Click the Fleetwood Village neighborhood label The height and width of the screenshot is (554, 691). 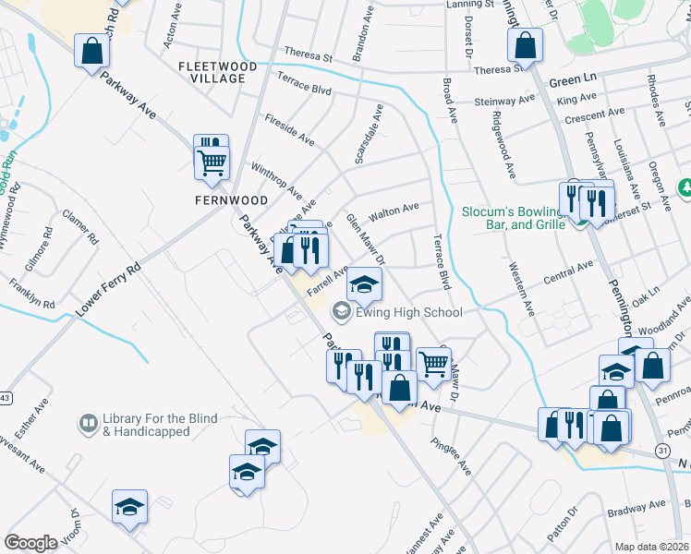[212, 72]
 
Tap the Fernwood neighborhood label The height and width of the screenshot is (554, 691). [231, 199]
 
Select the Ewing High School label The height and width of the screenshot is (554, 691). [406, 312]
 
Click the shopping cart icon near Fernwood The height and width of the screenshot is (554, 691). [212, 163]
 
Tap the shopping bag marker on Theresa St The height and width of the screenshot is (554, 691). [525, 45]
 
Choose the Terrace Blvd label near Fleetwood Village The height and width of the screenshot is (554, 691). [304, 90]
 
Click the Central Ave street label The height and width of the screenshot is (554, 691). [568, 272]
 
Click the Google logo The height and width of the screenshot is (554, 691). [30, 543]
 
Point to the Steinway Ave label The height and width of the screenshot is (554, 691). [504, 101]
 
